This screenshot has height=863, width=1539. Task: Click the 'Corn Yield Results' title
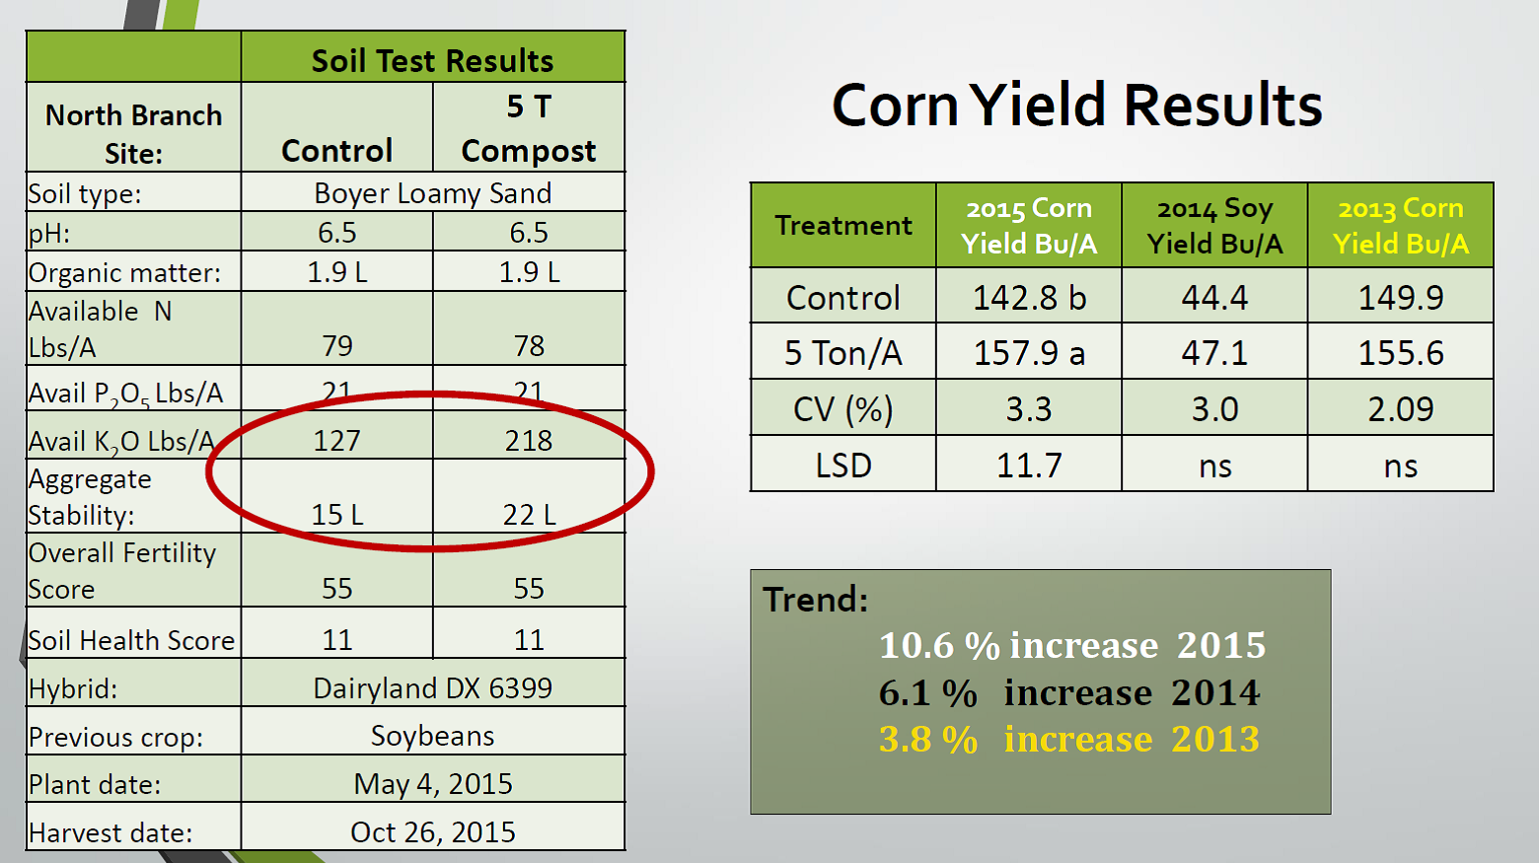1076,106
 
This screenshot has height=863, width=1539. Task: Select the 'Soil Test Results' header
432,60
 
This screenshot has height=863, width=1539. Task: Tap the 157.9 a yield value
1029,353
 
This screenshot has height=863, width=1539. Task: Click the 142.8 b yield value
1029,298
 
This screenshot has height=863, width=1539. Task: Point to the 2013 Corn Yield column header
1400,226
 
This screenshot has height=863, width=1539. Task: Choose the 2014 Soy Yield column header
1214,226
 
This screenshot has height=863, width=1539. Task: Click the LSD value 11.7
1029,466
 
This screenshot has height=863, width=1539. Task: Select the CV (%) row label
843,409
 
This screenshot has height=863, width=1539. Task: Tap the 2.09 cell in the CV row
1400,409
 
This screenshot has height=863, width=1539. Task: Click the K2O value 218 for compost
529,441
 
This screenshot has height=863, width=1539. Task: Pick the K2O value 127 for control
336,441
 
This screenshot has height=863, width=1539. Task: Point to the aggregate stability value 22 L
529,515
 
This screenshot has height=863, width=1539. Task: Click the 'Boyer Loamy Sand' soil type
433,193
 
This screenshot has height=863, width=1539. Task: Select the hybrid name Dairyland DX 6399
433,687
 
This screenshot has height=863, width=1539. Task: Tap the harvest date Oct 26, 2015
433,832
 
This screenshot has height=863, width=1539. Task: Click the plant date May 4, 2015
433,784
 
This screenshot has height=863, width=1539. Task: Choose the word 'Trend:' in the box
816,599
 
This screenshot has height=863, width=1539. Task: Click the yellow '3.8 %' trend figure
928,740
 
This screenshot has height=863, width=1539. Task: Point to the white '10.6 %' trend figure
939,646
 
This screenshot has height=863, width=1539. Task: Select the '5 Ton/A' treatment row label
843,353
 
